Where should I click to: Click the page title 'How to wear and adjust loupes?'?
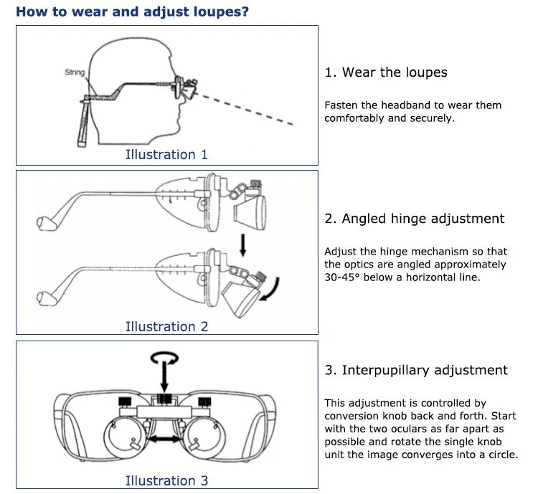point(133,11)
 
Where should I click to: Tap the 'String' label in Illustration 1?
point(75,72)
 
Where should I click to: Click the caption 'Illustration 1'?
point(166,154)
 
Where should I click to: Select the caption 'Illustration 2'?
point(166,326)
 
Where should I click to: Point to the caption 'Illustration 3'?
point(166,480)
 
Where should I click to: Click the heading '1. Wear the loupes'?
point(385,72)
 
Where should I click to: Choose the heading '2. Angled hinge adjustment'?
point(414,219)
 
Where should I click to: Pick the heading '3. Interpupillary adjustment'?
point(415,370)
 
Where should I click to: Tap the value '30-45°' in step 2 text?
point(342,277)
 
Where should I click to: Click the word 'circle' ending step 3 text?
point(499,455)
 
